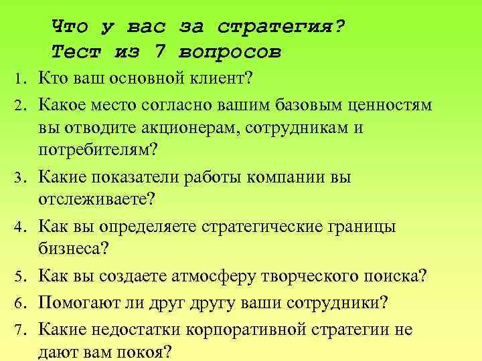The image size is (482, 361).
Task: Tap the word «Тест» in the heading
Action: [72, 51]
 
